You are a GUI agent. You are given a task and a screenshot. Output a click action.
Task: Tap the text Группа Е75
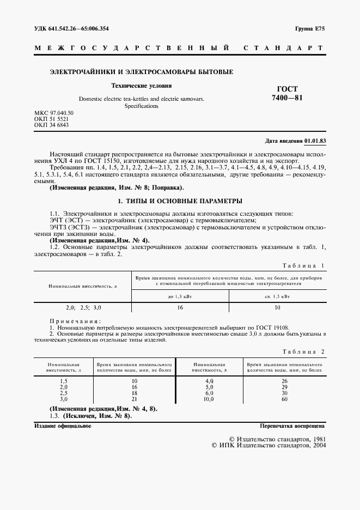[x=310, y=28]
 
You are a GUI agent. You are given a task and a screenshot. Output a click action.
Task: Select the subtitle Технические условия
[x=142, y=86]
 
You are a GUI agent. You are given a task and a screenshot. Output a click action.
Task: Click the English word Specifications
[x=141, y=106]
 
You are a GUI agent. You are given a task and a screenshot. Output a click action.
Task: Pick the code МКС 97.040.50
[x=53, y=113]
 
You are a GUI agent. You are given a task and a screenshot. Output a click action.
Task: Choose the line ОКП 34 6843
[x=51, y=125]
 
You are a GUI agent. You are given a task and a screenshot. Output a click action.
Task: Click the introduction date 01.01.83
[x=315, y=141]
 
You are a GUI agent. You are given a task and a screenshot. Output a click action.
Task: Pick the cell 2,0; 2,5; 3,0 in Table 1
[x=83, y=307]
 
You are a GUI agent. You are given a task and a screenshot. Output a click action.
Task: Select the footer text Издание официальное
[x=63, y=426]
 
